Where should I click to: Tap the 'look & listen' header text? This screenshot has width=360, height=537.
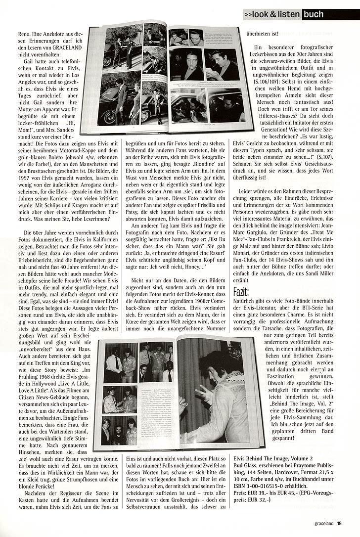coord(271,15)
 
